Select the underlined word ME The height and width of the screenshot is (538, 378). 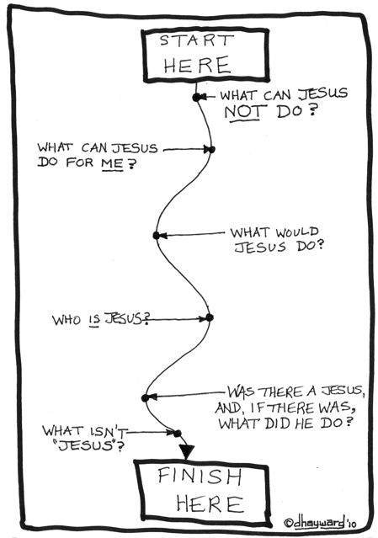112,164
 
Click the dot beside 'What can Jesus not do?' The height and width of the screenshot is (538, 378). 196,98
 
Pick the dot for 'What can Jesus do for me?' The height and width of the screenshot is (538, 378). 211,150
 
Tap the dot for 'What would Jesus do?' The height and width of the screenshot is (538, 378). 157,236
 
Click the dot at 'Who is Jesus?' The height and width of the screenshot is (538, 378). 210,317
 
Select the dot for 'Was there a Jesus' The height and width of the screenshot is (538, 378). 146,398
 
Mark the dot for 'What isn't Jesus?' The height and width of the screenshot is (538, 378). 177,434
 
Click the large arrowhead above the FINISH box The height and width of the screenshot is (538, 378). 187,451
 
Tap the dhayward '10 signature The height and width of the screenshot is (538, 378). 320,523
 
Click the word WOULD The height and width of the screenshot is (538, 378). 297,232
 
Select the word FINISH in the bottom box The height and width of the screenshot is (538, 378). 200,476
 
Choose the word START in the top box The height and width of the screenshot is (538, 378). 196,40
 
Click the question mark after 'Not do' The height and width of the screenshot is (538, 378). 311,110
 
